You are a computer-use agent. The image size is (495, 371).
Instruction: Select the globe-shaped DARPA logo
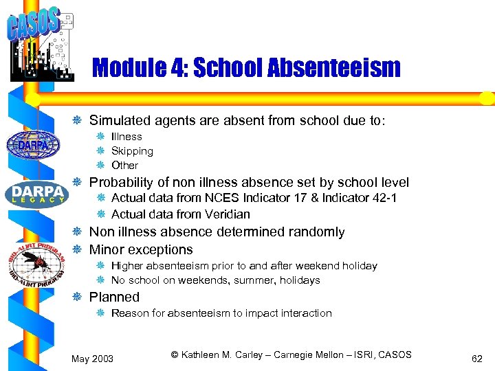(x=33, y=144)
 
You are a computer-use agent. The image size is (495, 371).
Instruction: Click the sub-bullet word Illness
(x=126, y=137)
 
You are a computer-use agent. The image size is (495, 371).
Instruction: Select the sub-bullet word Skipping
(x=132, y=151)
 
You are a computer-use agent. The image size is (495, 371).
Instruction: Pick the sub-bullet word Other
(x=124, y=166)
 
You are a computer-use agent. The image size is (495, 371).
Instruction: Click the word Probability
(x=121, y=182)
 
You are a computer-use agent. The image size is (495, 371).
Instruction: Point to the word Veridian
(x=226, y=214)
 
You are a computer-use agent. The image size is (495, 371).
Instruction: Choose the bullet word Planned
(x=114, y=297)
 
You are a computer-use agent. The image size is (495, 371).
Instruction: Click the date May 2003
(x=93, y=359)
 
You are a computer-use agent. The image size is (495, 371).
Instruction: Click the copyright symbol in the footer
(x=175, y=355)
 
